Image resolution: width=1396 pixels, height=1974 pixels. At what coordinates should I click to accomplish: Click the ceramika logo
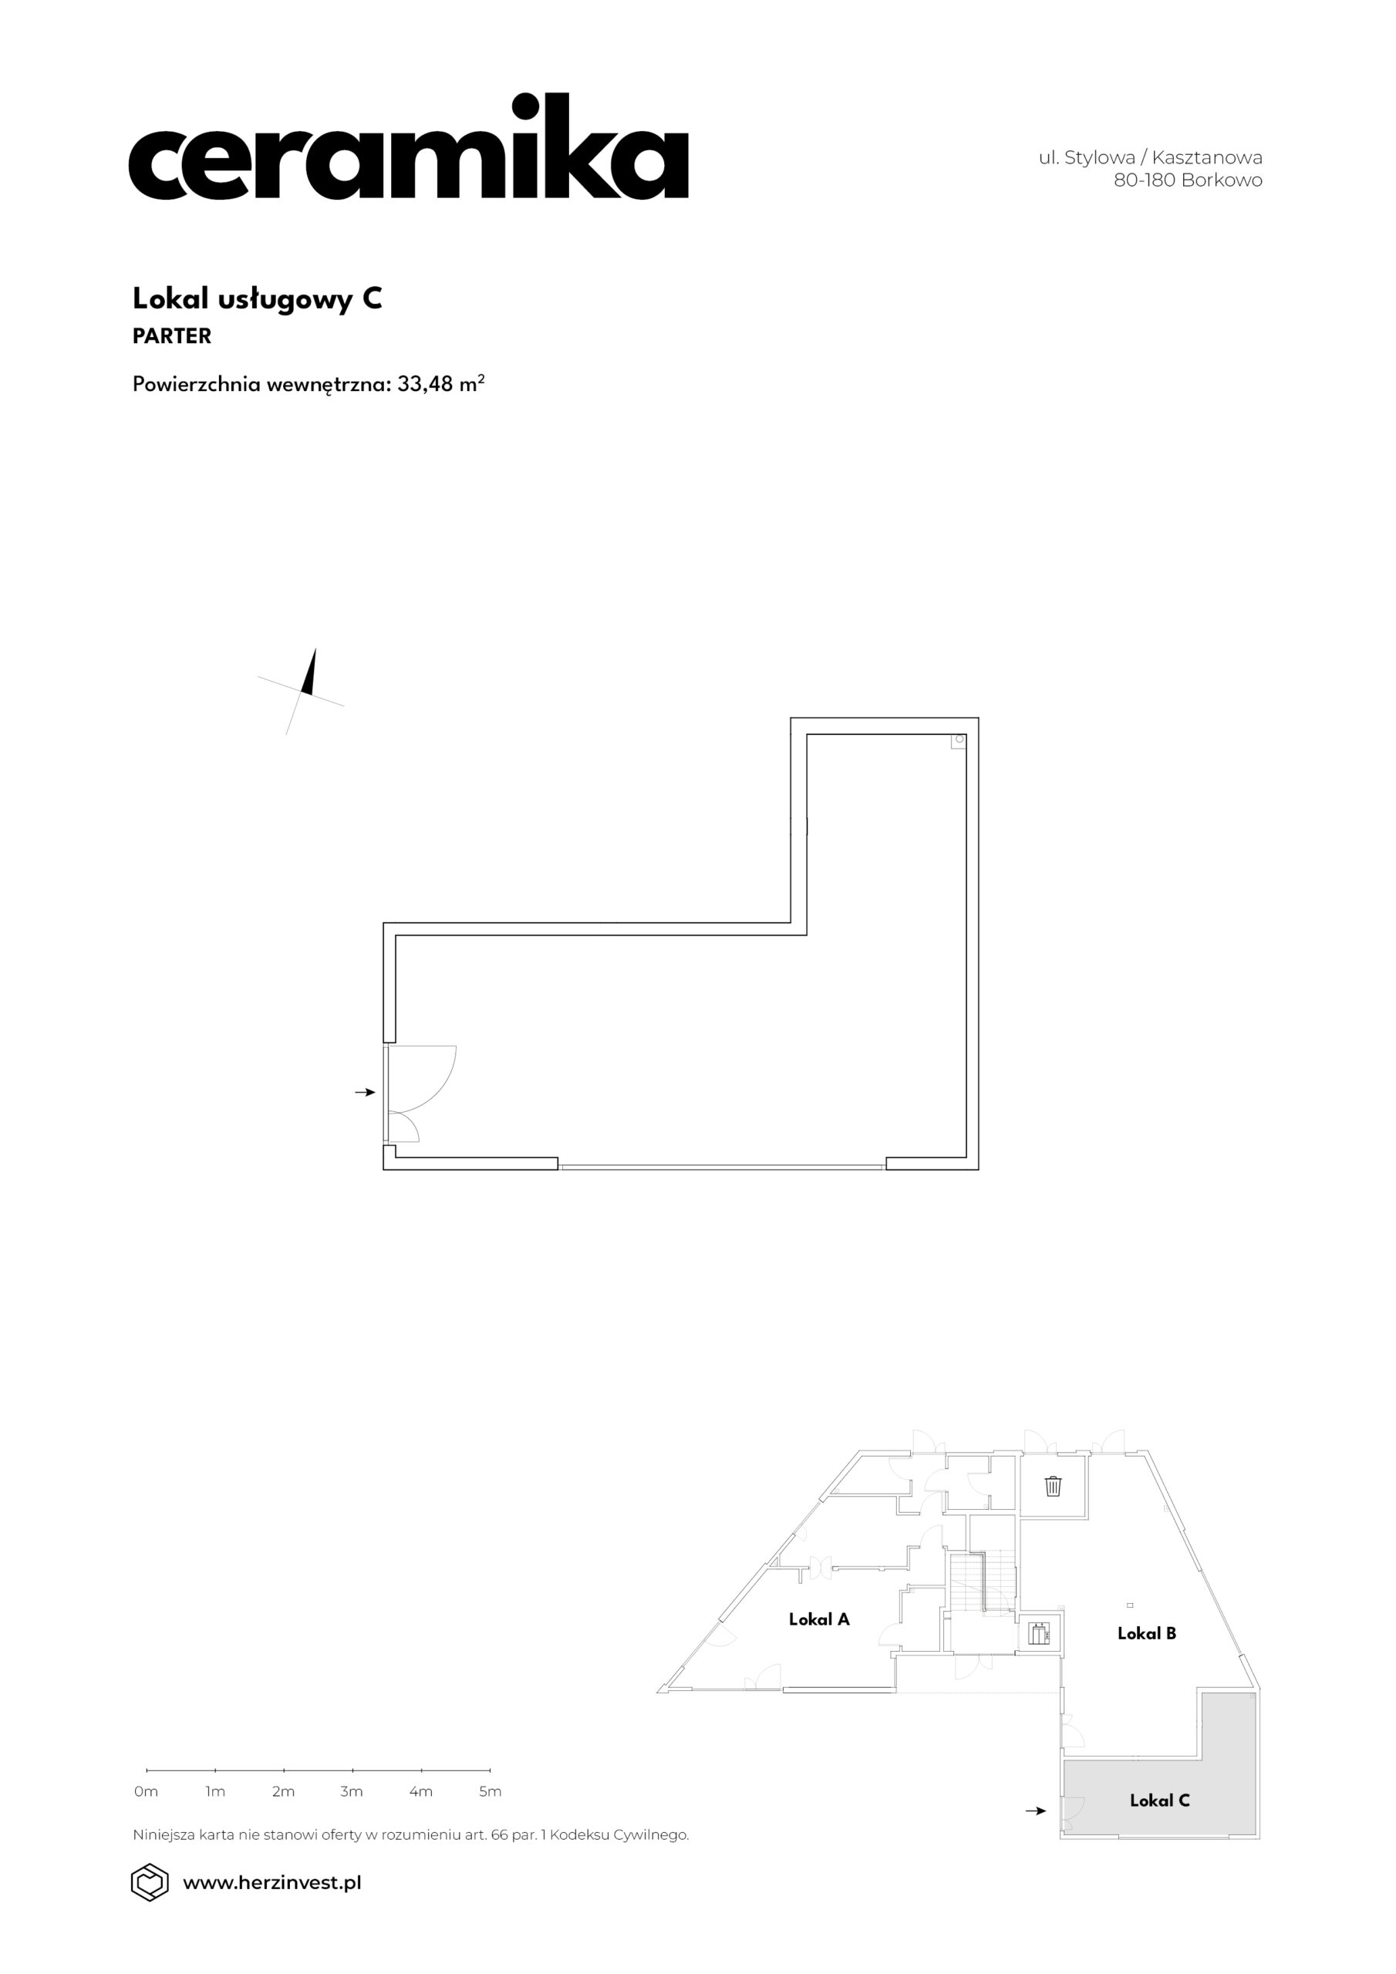408,147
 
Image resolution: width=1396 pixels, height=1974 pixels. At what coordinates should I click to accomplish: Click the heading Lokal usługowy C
257,298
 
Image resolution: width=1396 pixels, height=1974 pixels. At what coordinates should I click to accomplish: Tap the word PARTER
172,336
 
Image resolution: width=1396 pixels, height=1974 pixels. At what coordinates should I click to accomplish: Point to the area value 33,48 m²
440,383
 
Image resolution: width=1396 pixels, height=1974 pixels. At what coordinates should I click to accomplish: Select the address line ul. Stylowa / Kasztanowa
1150,157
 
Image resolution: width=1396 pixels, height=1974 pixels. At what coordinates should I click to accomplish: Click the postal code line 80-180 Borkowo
1188,180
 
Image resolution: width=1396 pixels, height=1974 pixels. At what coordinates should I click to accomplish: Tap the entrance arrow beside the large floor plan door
366,1092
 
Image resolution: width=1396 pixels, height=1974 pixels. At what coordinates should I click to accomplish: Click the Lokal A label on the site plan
819,1619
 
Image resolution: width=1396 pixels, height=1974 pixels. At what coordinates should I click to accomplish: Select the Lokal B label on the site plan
1147,1633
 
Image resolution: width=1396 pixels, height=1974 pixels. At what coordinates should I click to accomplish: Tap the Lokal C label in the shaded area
1159,1801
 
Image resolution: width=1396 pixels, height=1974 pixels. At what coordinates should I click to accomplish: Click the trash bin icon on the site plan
1053,1486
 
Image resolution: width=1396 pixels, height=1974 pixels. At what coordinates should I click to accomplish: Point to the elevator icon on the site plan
1040,1632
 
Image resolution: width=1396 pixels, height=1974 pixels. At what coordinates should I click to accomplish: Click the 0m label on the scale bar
147,1792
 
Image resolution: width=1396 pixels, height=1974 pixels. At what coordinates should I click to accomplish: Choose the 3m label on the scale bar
352,1792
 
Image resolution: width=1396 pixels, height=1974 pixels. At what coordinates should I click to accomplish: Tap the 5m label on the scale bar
490,1792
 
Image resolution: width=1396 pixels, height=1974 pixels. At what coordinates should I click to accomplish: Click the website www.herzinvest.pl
271,1884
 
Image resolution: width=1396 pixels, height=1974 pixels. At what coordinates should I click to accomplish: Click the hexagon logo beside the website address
150,1883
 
